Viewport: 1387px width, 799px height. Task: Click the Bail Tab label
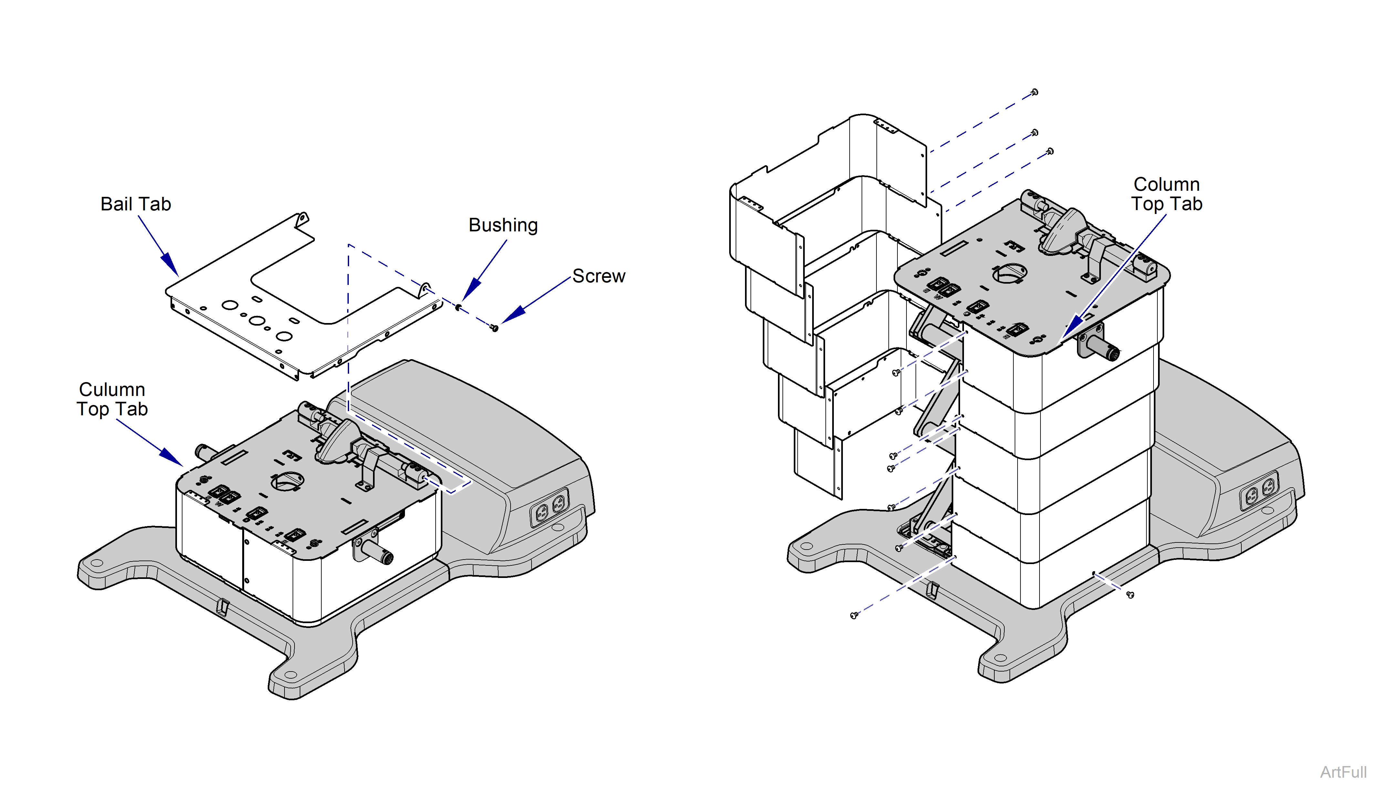[136, 204]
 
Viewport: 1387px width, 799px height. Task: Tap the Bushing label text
[502, 225]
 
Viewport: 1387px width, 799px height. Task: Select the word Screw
[598, 276]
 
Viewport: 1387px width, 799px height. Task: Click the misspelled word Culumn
[112, 389]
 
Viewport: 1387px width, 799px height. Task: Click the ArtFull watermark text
[1343, 772]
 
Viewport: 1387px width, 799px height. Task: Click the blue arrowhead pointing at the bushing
[471, 289]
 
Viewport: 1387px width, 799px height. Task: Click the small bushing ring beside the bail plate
[458, 307]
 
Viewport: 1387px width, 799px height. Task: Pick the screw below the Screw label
[494, 328]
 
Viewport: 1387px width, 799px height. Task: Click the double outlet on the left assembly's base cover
[550, 508]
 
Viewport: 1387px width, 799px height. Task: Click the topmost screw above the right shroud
[1034, 92]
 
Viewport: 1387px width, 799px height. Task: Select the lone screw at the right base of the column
[1130, 594]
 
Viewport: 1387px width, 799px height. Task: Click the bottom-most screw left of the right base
[854, 616]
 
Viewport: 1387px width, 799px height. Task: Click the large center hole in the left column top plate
[287, 481]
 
